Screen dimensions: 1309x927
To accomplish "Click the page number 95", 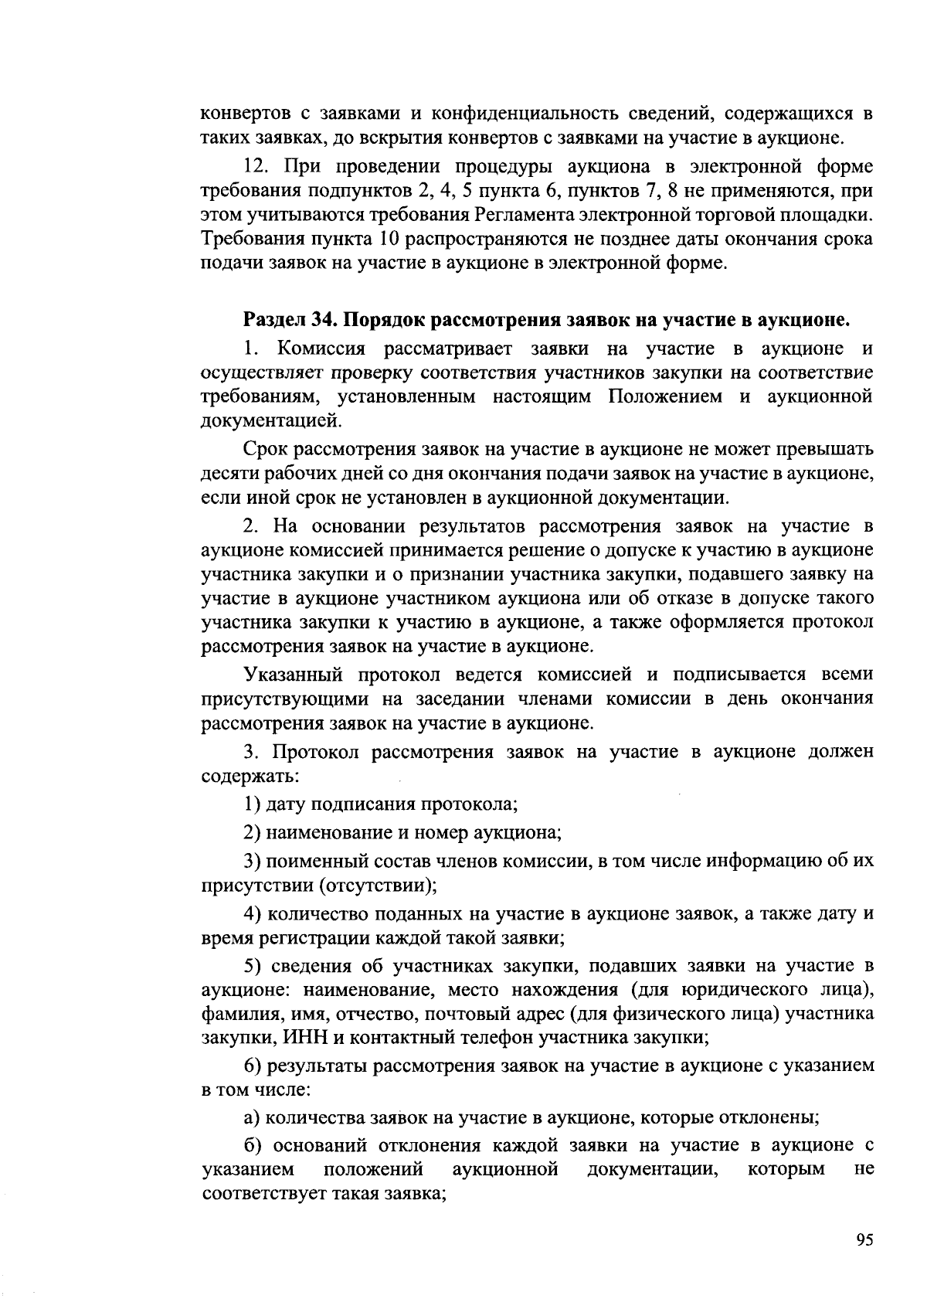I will pos(864,1240).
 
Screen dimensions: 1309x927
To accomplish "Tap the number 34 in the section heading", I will pos(325,319).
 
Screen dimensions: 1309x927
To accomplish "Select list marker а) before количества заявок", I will pos(251,1117).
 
